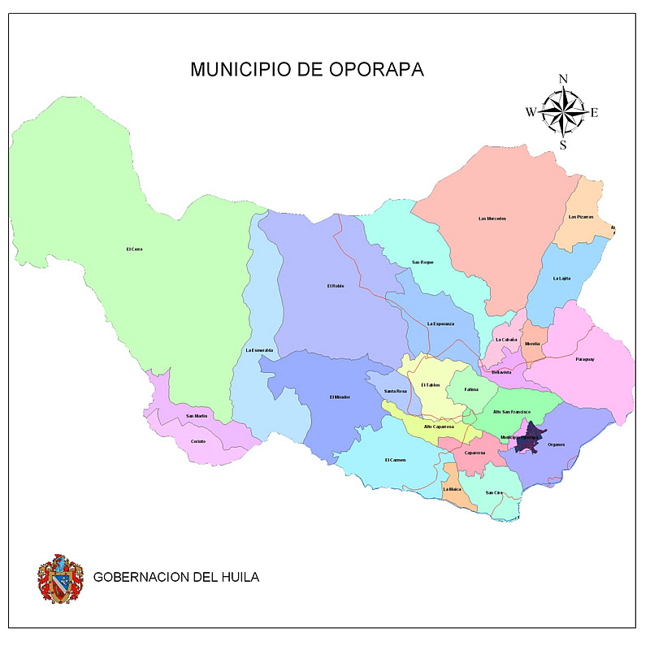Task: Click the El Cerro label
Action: [x=134, y=249]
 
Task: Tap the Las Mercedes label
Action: [x=492, y=219]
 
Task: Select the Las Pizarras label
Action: [x=581, y=217]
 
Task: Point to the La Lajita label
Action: [x=561, y=279]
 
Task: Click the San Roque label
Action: [x=422, y=262]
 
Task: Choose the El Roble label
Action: [x=336, y=286]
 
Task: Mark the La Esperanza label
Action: [x=440, y=324]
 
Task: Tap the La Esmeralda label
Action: [x=260, y=350]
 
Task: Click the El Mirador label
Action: [x=340, y=396]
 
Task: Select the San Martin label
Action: [x=197, y=416]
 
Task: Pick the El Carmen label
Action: [x=395, y=460]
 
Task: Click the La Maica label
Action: [x=453, y=489]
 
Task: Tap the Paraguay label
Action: [x=585, y=359]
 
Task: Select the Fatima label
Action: [x=471, y=389]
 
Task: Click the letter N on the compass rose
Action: [x=562, y=79]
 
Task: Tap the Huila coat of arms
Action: [x=60, y=578]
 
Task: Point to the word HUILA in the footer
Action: [x=236, y=578]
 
